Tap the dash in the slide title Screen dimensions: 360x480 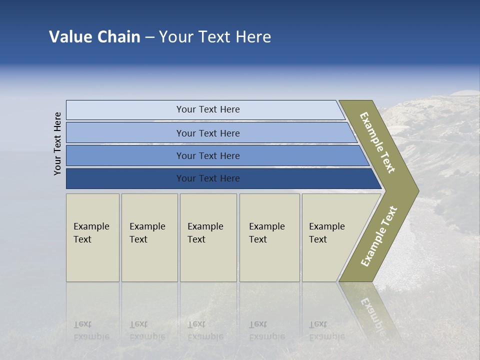149,37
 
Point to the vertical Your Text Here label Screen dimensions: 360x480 57,143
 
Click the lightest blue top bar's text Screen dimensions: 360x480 208,109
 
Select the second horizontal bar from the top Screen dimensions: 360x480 208,133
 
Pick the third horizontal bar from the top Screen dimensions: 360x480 208,155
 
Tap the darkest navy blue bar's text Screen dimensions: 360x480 208,178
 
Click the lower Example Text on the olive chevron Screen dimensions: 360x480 379,236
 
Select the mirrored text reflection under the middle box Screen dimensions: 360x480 204,330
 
